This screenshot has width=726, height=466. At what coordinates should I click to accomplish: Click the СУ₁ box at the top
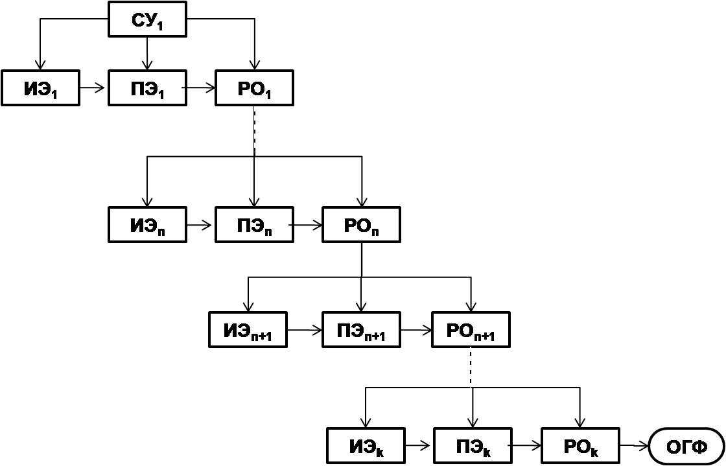click(148, 19)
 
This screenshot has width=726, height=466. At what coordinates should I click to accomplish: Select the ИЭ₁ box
click(40, 88)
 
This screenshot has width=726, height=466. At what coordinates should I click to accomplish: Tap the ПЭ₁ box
click(148, 88)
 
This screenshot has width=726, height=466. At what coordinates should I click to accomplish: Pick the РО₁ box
click(255, 88)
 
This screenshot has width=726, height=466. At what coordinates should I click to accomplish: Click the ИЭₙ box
click(148, 225)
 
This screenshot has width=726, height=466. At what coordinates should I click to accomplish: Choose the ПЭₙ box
click(254, 225)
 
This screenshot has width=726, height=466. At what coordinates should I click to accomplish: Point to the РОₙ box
click(361, 225)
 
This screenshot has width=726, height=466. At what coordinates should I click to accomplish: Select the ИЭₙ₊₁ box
click(248, 330)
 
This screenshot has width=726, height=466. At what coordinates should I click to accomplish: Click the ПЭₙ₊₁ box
click(361, 330)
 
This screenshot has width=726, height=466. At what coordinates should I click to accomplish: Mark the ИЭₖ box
click(366, 445)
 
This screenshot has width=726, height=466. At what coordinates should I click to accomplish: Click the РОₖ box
click(580, 445)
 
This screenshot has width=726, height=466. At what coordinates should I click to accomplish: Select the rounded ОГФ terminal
click(686, 446)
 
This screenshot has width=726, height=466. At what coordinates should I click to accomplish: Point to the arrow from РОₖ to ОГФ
click(634, 445)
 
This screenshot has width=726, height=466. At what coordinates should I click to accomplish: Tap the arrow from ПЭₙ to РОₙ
click(307, 225)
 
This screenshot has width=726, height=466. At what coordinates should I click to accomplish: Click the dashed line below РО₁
click(254, 130)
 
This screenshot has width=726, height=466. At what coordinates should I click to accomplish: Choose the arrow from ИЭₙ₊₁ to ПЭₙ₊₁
click(304, 330)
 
